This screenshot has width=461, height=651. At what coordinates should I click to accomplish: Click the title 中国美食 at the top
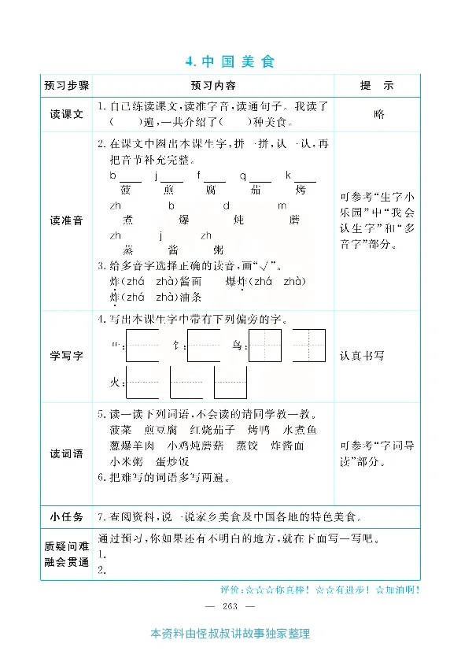(x=230, y=61)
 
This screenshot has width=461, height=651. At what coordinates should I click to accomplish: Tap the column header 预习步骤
(x=67, y=85)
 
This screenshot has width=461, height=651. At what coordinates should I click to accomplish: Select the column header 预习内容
(x=212, y=85)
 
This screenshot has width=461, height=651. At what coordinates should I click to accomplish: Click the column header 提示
(x=377, y=85)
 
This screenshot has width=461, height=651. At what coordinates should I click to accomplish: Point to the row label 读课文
(x=67, y=114)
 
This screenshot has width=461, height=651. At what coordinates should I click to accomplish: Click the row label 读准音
(x=67, y=220)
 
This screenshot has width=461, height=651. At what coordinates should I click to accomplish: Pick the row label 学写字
(x=67, y=356)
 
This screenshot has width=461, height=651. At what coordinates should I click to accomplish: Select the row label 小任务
(x=67, y=516)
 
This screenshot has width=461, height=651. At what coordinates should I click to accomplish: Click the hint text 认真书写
(x=363, y=356)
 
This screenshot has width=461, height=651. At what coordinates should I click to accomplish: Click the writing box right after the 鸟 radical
(x=265, y=345)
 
